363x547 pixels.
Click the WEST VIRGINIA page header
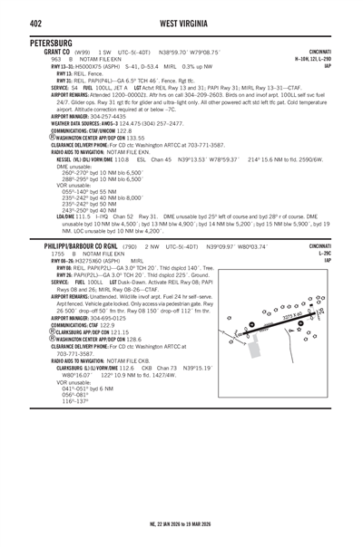181,22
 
